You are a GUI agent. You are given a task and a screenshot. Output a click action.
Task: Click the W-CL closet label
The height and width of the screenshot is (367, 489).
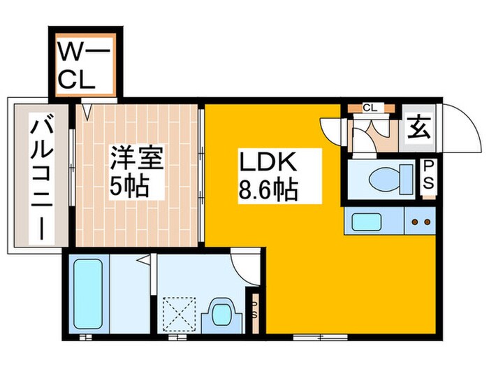click(x=84, y=64)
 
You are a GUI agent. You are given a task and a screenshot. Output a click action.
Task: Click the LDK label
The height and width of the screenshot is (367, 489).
click(x=268, y=165)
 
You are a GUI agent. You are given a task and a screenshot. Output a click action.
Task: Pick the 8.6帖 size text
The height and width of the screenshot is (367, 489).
click(x=268, y=191)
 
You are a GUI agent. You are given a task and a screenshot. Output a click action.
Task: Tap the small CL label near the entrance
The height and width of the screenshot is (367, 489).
click(x=370, y=108)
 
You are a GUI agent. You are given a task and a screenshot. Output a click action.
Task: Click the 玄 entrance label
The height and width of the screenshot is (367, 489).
click(x=418, y=128)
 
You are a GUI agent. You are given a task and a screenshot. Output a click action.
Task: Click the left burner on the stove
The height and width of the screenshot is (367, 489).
click(x=416, y=223)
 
